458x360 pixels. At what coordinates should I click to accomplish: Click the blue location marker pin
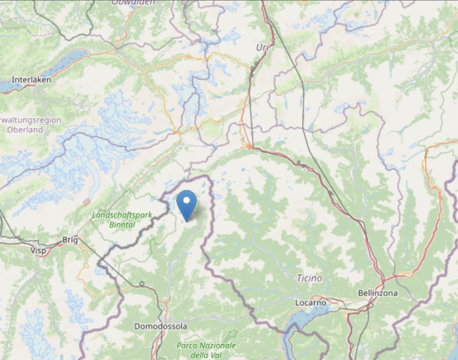(x=187, y=204)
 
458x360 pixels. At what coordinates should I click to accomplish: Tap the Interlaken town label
(x=31, y=80)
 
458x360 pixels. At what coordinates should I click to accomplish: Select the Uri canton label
(x=262, y=48)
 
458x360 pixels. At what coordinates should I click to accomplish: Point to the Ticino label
(x=309, y=278)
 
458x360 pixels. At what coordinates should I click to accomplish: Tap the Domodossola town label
(x=160, y=326)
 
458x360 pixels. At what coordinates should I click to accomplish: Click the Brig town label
(x=70, y=241)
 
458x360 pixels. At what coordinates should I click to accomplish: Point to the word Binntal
(x=122, y=224)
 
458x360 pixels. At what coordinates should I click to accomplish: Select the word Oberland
(x=25, y=130)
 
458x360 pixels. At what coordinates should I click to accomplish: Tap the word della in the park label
(x=200, y=355)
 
